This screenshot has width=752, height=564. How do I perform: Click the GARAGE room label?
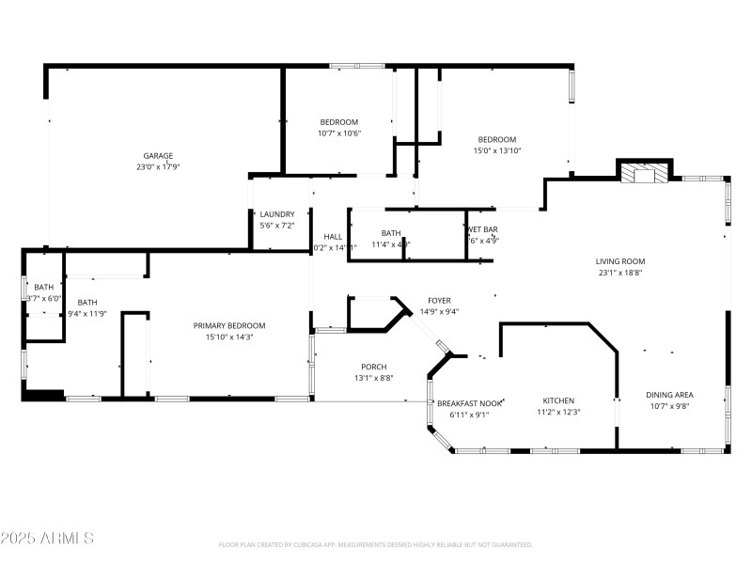click(x=158, y=155)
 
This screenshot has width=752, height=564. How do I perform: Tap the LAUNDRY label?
click(x=277, y=214)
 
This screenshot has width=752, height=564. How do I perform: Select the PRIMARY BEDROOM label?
click(x=229, y=325)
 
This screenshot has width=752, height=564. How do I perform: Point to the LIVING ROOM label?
click(x=620, y=261)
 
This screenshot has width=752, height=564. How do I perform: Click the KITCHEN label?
click(x=556, y=400)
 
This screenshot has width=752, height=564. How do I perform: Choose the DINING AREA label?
click(x=669, y=395)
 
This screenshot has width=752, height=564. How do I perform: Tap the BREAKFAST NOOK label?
click(x=469, y=403)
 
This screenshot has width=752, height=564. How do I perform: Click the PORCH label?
click(x=373, y=367)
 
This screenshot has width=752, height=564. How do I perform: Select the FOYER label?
click(x=439, y=301)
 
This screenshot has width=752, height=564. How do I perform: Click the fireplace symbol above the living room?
click(x=645, y=173)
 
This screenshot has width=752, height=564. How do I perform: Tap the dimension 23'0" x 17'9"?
click(x=158, y=166)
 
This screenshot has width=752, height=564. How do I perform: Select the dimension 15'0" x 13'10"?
click(x=496, y=150)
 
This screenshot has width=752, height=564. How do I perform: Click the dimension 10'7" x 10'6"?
click(x=338, y=133)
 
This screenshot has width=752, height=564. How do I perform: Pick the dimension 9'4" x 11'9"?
click(x=86, y=314)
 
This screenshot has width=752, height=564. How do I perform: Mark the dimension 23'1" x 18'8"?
click(x=620, y=273)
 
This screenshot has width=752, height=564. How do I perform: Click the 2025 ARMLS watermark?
click(x=47, y=539)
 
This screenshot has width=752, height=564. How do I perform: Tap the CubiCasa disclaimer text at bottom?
click(x=376, y=544)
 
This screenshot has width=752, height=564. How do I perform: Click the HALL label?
click(x=333, y=237)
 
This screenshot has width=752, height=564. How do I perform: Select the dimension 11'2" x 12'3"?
click(x=558, y=412)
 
